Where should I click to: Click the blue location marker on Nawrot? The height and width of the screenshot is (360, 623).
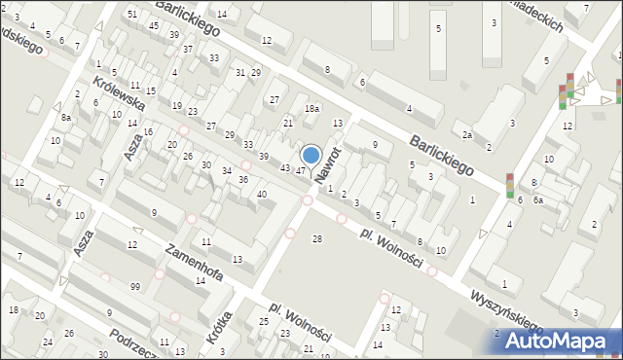311,155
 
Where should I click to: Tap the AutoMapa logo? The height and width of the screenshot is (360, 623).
558,340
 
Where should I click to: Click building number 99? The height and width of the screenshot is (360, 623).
134,285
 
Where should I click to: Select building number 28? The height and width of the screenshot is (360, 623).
316,239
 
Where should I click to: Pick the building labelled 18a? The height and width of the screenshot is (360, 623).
311,110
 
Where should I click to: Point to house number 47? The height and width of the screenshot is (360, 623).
301,171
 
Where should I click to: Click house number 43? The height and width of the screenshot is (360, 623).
284,168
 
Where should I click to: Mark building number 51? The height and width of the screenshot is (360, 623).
132,14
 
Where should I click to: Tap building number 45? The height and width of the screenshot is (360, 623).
154,25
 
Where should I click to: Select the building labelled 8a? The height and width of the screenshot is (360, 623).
65,117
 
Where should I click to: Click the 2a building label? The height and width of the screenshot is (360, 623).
467,135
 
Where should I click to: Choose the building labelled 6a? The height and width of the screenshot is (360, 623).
537,199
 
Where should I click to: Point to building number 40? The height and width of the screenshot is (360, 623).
261,195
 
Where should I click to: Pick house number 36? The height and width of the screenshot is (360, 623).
243,180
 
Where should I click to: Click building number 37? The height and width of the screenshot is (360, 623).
187,49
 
